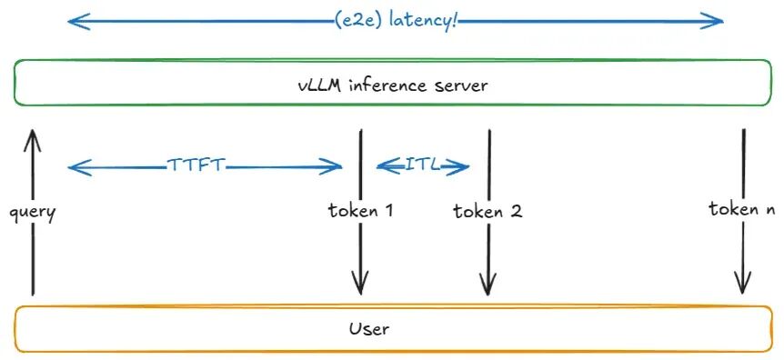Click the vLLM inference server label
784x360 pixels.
[x=392, y=85]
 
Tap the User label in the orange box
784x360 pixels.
[x=368, y=328]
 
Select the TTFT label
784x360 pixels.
[x=196, y=165]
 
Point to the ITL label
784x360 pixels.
[x=423, y=165]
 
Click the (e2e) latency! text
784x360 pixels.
[x=396, y=22]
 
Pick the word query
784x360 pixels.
[x=33, y=213]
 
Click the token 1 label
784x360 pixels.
[x=360, y=211]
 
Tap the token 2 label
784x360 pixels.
[x=487, y=211]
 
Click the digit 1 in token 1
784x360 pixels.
[x=387, y=211]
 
